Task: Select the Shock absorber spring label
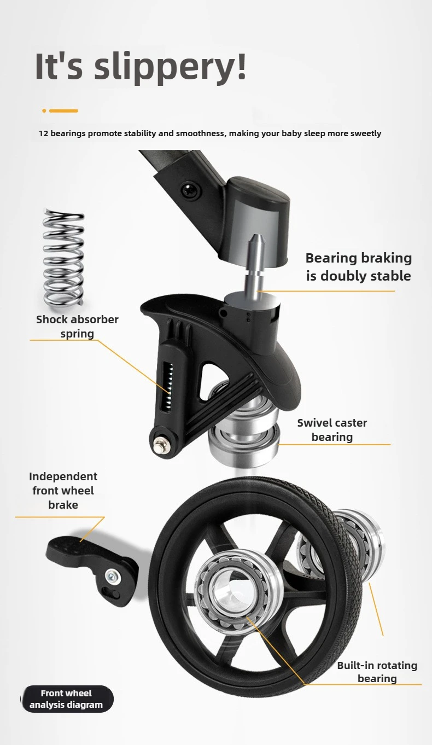click(77, 326)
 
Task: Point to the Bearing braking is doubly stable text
click(359, 267)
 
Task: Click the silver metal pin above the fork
click(255, 263)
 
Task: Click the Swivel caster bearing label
click(332, 430)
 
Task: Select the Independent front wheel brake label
click(63, 491)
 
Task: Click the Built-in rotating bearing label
click(377, 672)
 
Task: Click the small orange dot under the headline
click(44, 110)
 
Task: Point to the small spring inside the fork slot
click(168, 387)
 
